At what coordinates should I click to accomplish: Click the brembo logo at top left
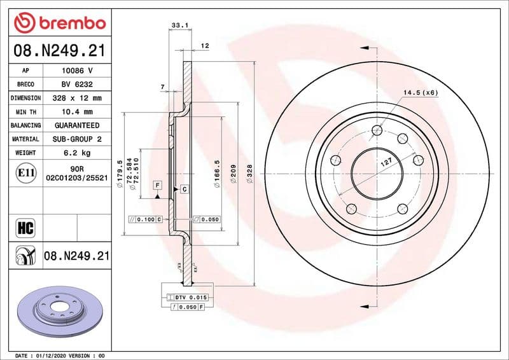click(x=59, y=23)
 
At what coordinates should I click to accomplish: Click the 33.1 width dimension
click(x=180, y=26)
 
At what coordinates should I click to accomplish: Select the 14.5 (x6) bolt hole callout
click(x=421, y=93)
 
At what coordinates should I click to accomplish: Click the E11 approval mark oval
click(x=25, y=172)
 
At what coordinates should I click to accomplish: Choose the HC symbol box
click(x=25, y=227)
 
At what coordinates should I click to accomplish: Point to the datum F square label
click(x=157, y=185)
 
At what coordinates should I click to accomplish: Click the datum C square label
click(x=183, y=190)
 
